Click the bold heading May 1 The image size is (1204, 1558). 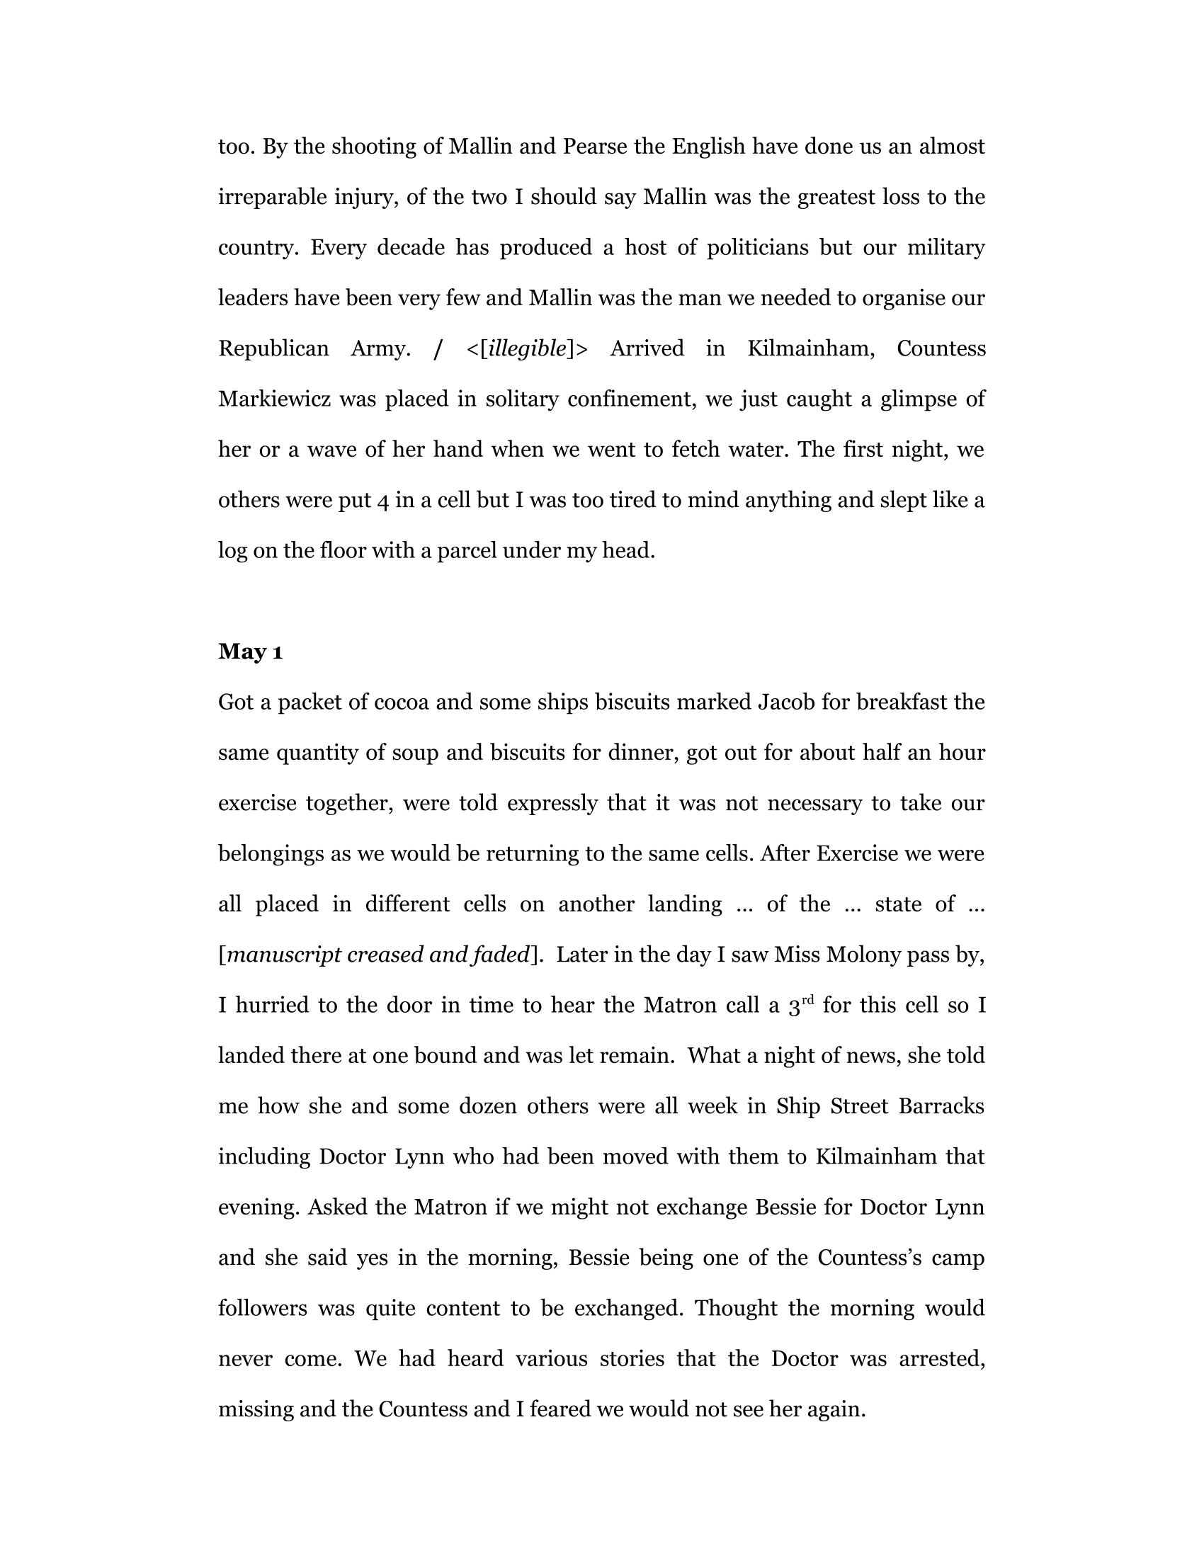250,652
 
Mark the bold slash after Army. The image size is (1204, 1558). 438,349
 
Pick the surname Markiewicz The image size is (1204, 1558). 274,399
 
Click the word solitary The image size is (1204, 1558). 521,399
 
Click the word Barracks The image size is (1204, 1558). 941,1105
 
